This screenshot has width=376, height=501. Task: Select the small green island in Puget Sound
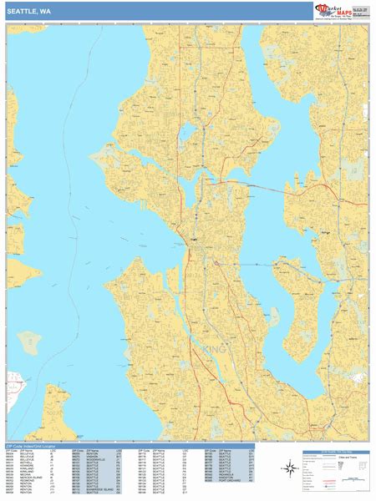pyautogui.click(x=29, y=341)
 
